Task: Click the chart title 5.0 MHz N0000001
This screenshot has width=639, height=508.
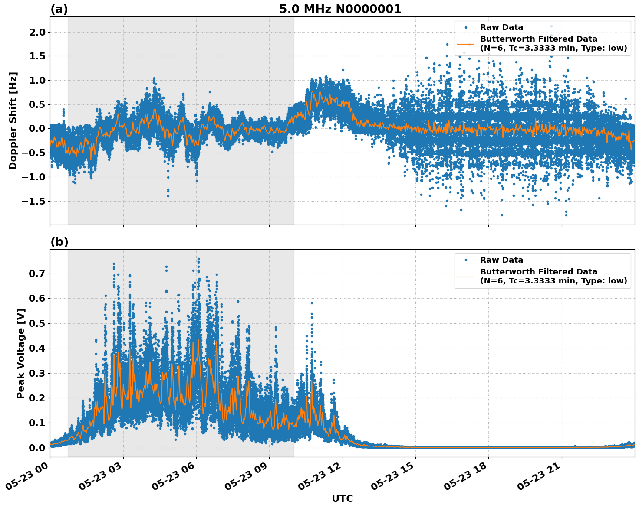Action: (x=340, y=9)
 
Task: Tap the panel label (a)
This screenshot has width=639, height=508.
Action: (x=59, y=9)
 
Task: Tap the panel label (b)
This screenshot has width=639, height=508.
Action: (x=59, y=242)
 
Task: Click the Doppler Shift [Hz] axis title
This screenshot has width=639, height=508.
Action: (x=13, y=120)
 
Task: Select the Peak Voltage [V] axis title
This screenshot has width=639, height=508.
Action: (x=20, y=353)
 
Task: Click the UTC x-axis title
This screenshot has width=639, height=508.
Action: (x=342, y=498)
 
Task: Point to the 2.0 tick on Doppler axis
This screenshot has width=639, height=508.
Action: (x=37, y=33)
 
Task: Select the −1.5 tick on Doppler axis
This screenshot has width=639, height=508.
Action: (x=34, y=201)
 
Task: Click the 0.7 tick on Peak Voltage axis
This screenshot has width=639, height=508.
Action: (x=37, y=274)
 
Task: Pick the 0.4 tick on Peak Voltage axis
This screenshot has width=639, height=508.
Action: (x=37, y=348)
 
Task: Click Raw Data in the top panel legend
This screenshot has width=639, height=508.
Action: (x=501, y=27)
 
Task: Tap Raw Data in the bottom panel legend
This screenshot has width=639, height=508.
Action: (x=501, y=260)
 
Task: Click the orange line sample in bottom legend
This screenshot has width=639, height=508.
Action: (x=466, y=277)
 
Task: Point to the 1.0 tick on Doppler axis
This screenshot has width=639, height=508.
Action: (x=37, y=81)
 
